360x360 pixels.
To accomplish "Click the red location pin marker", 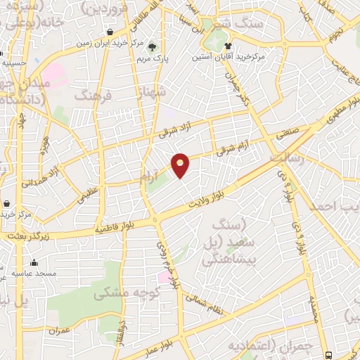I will tap(181, 164).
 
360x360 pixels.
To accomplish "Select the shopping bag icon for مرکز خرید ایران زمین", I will tap(110, 32).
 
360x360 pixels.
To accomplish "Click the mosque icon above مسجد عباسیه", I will tap(34, 262).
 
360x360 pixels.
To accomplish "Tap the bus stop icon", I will tap(330, 354).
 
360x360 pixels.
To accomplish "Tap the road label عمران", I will tap(59, 330).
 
